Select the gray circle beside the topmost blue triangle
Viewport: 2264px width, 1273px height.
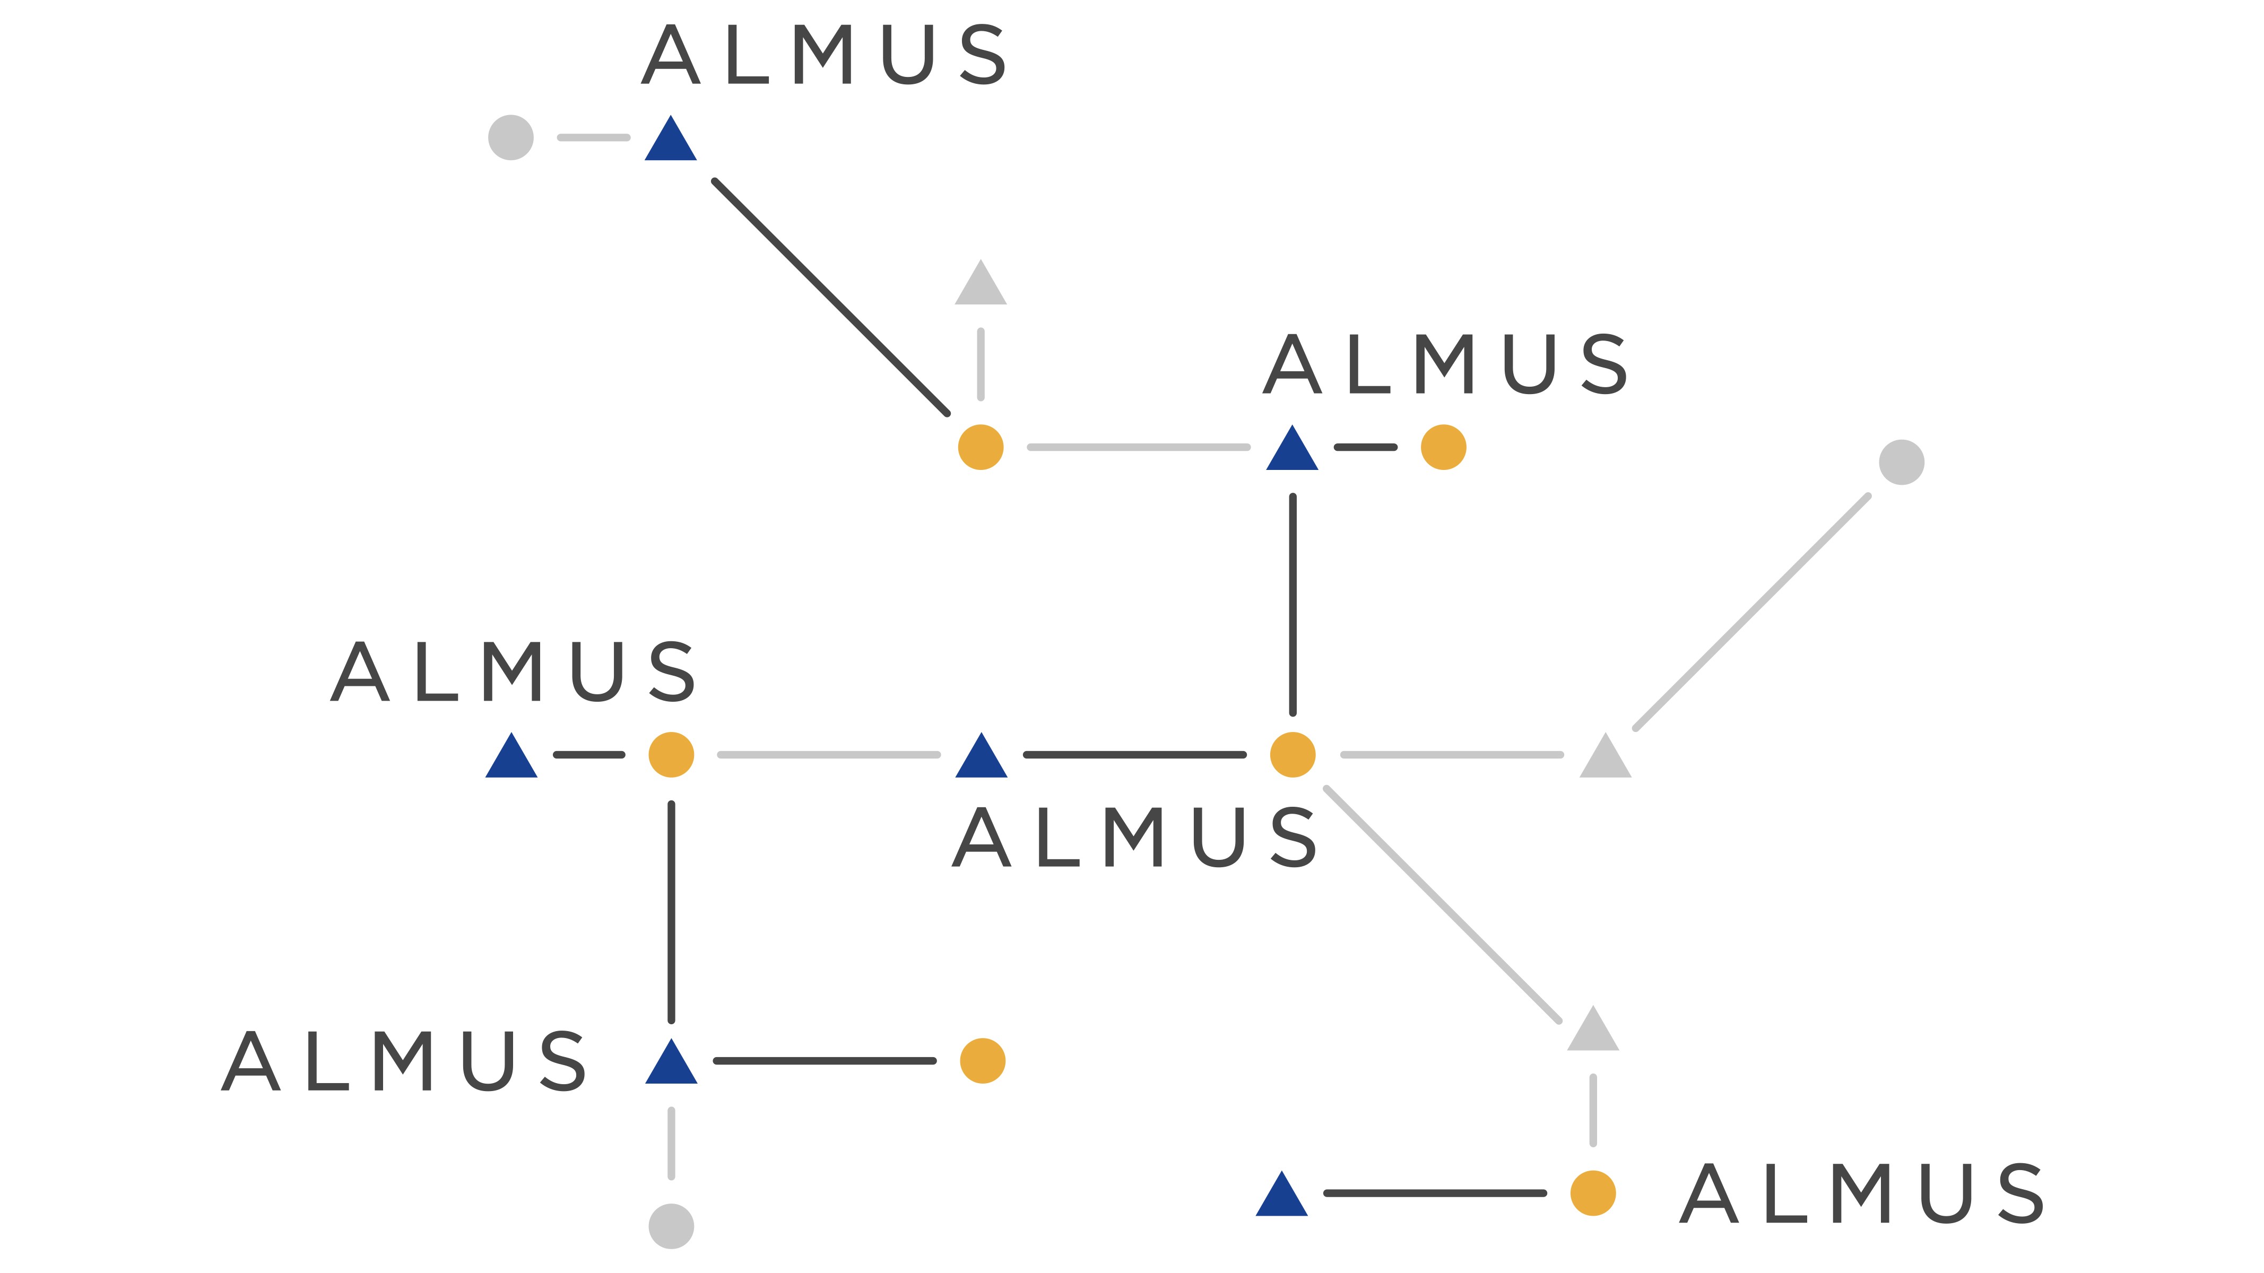[x=510, y=138]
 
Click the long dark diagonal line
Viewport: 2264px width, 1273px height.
[x=830, y=297]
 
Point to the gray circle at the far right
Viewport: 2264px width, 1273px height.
[x=1902, y=462]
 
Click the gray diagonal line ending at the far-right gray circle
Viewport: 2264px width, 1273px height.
[x=1751, y=612]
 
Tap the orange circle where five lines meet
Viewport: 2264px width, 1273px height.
[x=1293, y=755]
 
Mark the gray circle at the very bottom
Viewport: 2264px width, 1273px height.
[x=672, y=1226]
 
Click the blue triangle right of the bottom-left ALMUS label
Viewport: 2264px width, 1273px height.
[x=672, y=1065]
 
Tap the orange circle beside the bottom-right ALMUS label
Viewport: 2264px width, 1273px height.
[x=1593, y=1193]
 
